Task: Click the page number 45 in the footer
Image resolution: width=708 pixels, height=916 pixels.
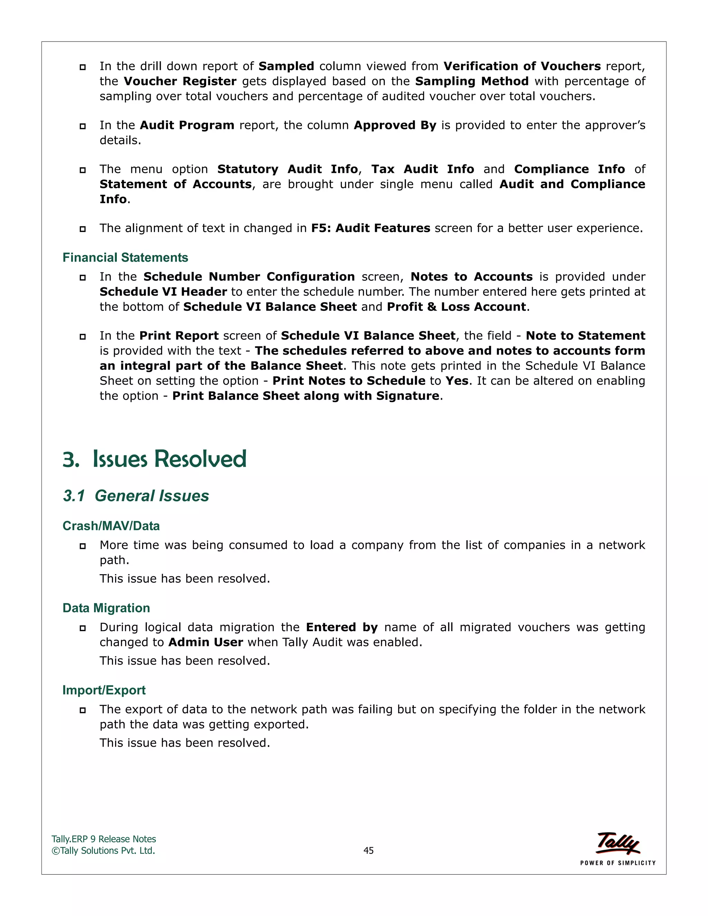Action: (368, 850)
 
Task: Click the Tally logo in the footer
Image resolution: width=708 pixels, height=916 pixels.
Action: (618, 843)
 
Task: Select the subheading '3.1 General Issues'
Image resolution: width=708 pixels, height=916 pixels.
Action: (136, 496)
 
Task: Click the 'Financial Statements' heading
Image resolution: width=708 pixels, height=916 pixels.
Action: (125, 258)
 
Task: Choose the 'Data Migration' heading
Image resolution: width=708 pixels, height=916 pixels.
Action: (106, 608)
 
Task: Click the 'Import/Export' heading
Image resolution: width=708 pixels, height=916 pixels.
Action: (104, 690)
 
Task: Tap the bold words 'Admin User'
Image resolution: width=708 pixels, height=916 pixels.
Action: (206, 642)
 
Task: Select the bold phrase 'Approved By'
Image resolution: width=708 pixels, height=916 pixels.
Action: (395, 125)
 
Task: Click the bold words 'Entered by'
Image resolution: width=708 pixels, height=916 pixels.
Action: (342, 627)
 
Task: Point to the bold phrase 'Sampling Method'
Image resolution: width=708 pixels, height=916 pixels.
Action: (472, 81)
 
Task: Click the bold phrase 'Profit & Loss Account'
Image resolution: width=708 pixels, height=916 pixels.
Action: (456, 307)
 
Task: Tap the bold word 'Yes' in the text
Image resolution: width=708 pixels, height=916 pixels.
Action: (456, 381)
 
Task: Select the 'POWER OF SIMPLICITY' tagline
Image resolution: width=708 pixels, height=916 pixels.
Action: (617, 863)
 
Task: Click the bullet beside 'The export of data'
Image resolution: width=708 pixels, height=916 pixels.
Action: (83, 710)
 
